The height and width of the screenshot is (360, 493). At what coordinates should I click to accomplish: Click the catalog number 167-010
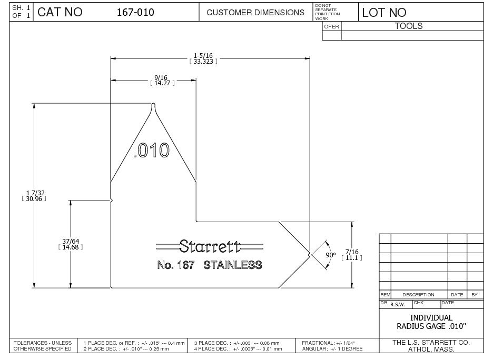pyautogui.click(x=135, y=12)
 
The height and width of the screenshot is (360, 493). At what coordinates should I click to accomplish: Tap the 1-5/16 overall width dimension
pyautogui.click(x=203, y=58)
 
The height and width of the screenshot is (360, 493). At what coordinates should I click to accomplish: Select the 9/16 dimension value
pyautogui.click(x=162, y=80)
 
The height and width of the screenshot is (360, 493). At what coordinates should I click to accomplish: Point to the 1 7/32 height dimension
pyautogui.click(x=34, y=195)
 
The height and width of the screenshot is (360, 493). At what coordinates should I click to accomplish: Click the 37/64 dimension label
pyautogui.click(x=71, y=244)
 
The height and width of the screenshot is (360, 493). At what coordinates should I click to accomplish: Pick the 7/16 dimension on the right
pyautogui.click(x=352, y=255)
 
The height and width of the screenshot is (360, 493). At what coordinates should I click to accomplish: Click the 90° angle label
pyautogui.click(x=330, y=255)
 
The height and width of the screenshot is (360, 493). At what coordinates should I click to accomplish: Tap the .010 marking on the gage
pyautogui.click(x=152, y=150)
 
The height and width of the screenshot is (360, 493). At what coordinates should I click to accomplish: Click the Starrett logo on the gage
pyautogui.click(x=210, y=246)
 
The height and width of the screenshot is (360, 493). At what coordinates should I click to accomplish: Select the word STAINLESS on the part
pyautogui.click(x=233, y=265)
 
